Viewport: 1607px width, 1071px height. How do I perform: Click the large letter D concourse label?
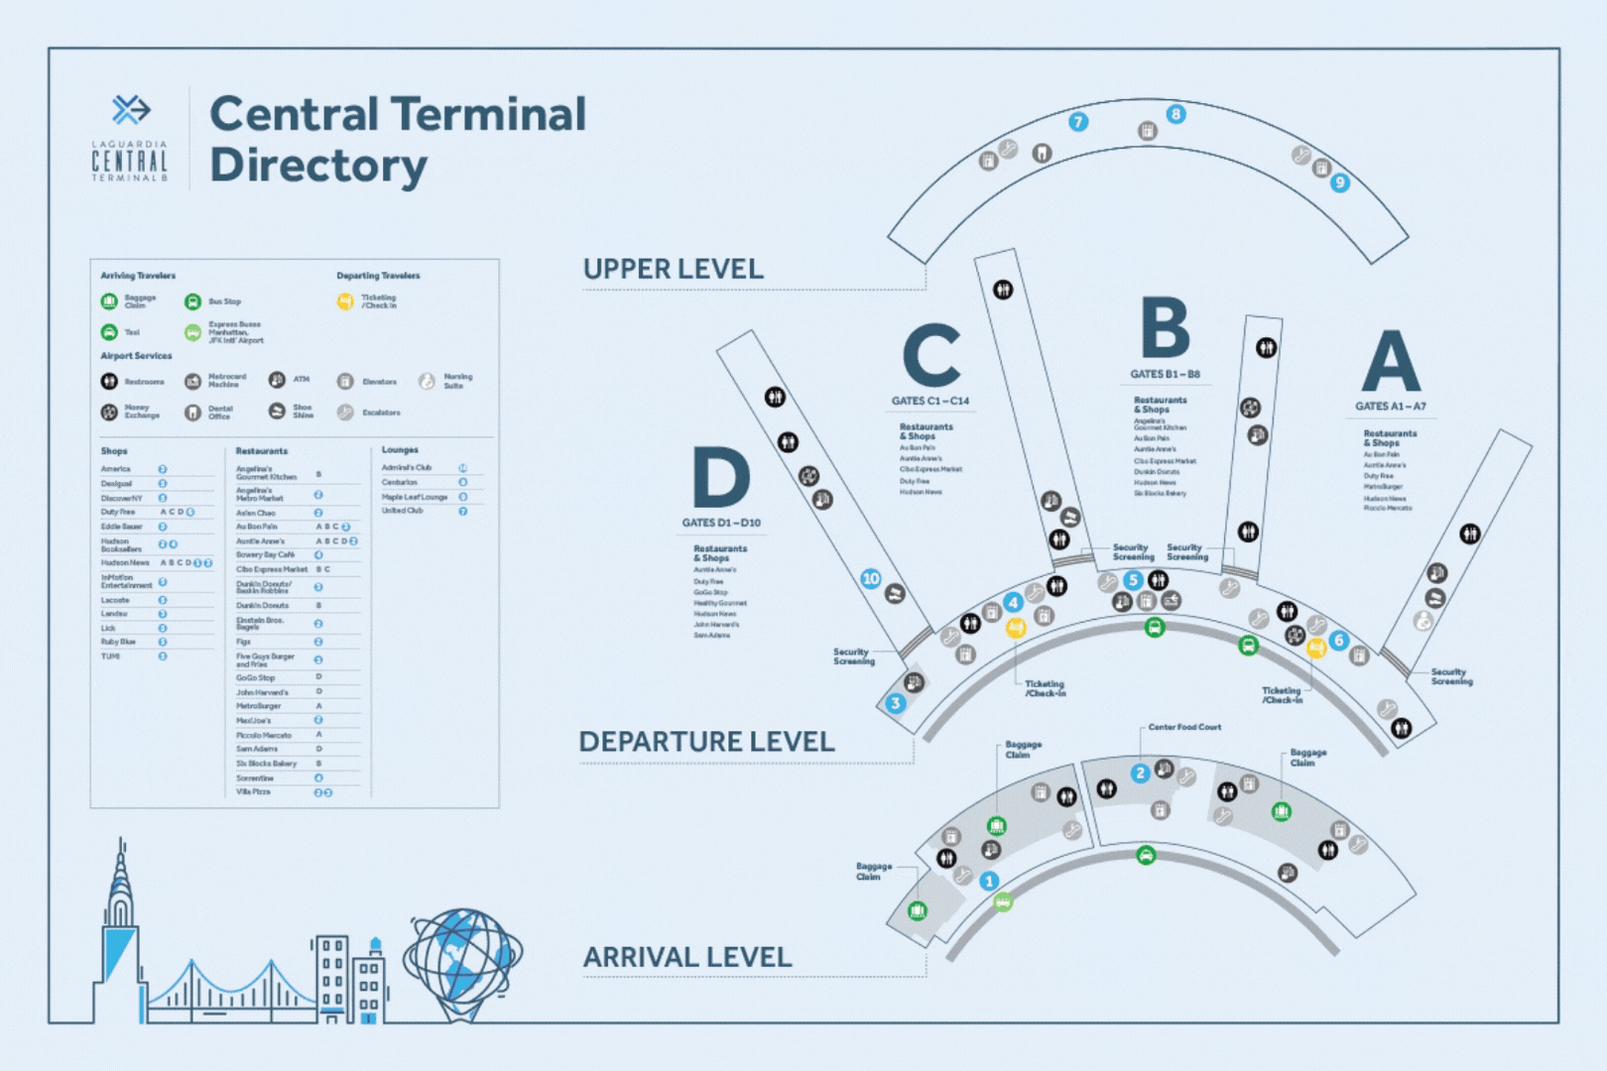tap(721, 478)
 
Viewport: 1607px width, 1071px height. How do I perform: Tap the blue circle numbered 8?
tap(1175, 114)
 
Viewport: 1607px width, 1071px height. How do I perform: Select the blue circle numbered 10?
tap(871, 578)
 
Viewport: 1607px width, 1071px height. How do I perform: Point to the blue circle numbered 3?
tap(896, 703)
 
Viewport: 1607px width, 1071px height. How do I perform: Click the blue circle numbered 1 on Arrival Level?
tap(989, 881)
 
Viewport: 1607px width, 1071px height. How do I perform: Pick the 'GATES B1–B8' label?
tap(1165, 374)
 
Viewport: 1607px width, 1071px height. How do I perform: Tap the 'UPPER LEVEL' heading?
tap(673, 269)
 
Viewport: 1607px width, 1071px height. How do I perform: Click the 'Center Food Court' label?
tap(1184, 727)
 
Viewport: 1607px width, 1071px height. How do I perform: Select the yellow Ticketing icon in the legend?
tap(345, 301)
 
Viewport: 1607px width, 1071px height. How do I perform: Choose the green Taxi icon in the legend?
tap(109, 332)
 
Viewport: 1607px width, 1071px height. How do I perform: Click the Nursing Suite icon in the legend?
tap(427, 381)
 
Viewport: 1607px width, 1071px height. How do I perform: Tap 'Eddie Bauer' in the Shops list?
tap(122, 527)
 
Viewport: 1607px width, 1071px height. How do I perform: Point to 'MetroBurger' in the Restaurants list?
tap(258, 706)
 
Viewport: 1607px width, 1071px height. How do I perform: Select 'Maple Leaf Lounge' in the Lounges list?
tap(415, 497)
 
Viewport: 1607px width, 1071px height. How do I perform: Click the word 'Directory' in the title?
tap(318, 166)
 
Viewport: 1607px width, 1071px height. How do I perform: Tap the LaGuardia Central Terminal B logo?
tap(130, 139)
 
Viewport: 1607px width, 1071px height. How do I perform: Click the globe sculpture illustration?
tap(462, 963)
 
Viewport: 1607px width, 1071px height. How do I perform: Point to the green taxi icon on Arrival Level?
tap(1146, 855)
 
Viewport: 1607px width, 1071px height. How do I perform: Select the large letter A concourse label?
tap(1391, 362)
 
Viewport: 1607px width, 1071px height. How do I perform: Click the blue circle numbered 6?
tap(1339, 640)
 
